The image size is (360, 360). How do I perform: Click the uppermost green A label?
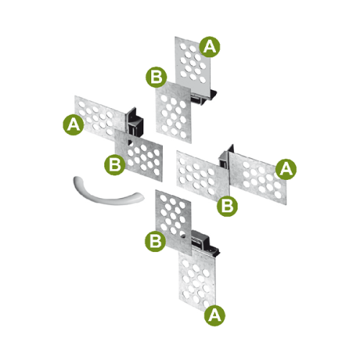tap(210, 47)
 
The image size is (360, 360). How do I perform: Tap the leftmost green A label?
tap(73, 125)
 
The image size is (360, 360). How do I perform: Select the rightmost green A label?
tap(286, 169)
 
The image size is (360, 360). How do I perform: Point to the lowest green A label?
tap(215, 315)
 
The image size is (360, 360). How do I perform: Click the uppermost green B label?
tap(156, 77)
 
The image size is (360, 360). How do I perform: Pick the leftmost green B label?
tap(114, 165)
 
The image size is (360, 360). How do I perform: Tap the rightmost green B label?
tap(228, 206)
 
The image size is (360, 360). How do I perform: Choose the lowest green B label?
tap(156, 241)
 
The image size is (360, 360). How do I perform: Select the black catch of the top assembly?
tap(204, 97)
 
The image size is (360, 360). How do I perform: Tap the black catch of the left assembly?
tap(135, 122)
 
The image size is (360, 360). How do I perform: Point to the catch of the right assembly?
tap(225, 157)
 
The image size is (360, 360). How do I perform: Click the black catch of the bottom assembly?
tap(204, 243)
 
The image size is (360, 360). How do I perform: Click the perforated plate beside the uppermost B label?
tap(174, 112)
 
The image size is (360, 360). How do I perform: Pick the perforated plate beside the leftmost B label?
tap(138, 156)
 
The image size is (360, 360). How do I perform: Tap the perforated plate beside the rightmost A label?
tap(258, 179)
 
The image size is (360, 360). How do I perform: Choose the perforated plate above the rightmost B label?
tap(203, 176)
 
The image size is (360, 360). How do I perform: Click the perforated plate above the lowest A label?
tap(197, 281)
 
